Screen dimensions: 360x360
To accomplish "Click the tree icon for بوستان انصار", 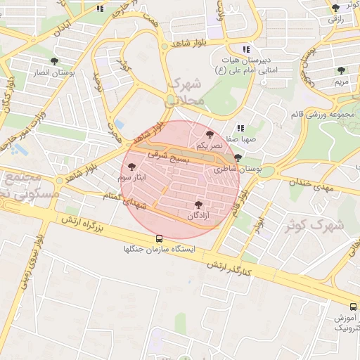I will pyautogui.click(x=55, y=62).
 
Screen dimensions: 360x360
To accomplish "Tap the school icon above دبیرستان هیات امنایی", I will pyautogui.click(x=246, y=49).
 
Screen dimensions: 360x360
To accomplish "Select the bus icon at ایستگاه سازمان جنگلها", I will pyautogui.click(x=160, y=238).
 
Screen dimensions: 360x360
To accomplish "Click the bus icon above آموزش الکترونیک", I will pyautogui.click(x=353, y=307).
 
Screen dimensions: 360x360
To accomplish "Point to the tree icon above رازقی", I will pyautogui.click(x=335, y=8).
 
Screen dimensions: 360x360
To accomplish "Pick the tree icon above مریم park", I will pyautogui.click(x=341, y=70).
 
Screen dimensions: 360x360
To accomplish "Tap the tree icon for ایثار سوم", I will pyautogui.click(x=131, y=167).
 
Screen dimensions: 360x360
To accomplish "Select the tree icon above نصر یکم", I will pyautogui.click(x=209, y=134).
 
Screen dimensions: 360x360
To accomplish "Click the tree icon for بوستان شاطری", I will pyautogui.click(x=238, y=158).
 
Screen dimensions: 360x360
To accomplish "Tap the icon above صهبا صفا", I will pyautogui.click(x=240, y=128).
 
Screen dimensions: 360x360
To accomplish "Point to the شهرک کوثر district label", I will pyautogui.click(x=314, y=226).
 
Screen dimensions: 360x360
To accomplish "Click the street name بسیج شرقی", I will pyautogui.click(x=169, y=157).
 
